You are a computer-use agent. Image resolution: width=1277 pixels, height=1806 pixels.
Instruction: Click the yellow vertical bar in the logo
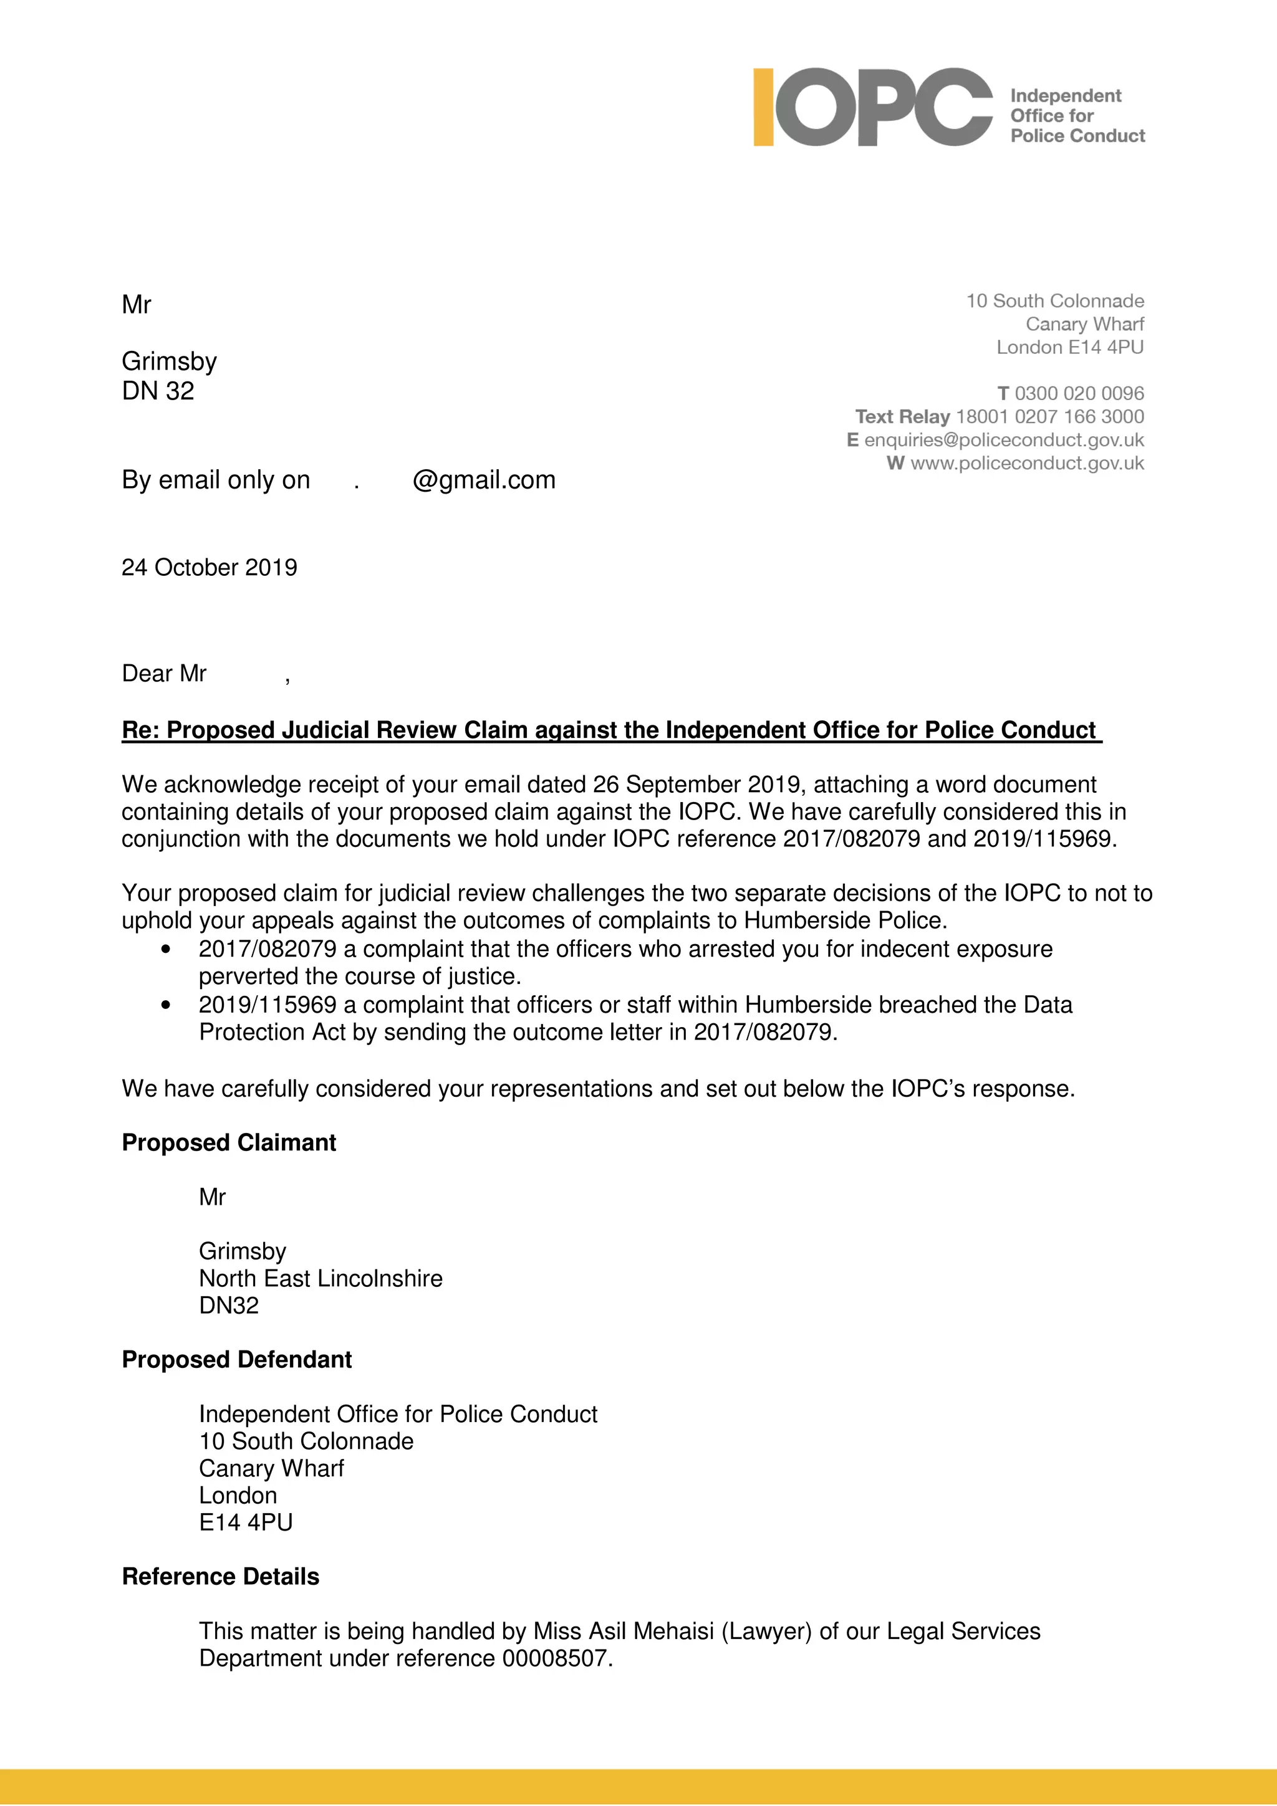click(x=763, y=107)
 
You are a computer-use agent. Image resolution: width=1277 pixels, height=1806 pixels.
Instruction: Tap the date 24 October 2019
click(x=210, y=567)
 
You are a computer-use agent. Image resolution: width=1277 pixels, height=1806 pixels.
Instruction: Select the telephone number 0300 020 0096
click(x=1079, y=393)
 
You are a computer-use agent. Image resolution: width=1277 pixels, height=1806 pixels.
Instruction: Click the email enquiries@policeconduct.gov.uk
click(x=1003, y=440)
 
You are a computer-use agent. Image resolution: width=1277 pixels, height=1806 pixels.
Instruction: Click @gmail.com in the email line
click(x=484, y=480)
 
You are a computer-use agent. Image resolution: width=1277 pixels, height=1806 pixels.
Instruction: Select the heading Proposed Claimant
click(x=229, y=1142)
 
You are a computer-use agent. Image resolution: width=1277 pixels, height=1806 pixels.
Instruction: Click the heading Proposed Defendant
click(x=237, y=1359)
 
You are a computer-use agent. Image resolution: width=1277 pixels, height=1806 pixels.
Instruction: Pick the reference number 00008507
click(x=555, y=1658)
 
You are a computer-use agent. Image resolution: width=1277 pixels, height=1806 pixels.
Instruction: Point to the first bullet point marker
click(x=165, y=949)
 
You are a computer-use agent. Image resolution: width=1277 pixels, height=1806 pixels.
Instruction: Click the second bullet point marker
click(x=165, y=1005)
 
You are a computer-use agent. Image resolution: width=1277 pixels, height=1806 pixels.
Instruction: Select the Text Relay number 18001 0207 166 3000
click(x=1049, y=416)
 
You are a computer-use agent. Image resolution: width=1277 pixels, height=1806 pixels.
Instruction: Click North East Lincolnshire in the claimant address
click(x=320, y=1278)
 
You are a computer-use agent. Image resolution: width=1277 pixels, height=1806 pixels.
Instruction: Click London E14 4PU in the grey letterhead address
click(x=1069, y=347)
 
